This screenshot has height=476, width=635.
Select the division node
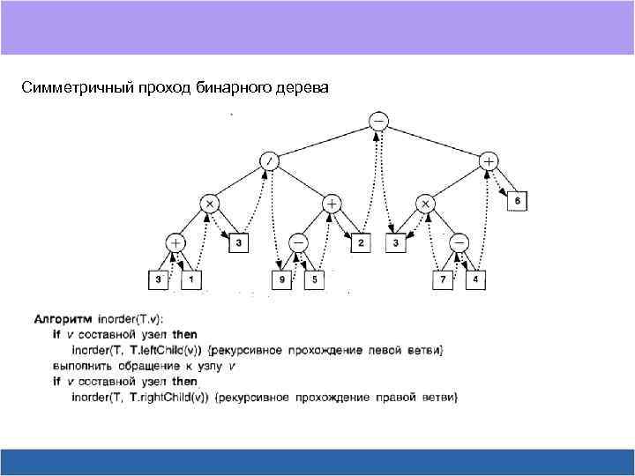269,161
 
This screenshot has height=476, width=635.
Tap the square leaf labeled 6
518,203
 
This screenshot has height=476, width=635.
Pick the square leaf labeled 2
361,242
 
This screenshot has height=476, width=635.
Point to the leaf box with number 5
316,280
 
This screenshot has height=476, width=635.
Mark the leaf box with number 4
476,280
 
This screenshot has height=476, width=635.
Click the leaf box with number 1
191,280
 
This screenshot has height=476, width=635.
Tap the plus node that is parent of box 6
488,161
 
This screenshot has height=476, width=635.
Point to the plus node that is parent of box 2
332,203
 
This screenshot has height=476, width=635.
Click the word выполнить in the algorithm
81,366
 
